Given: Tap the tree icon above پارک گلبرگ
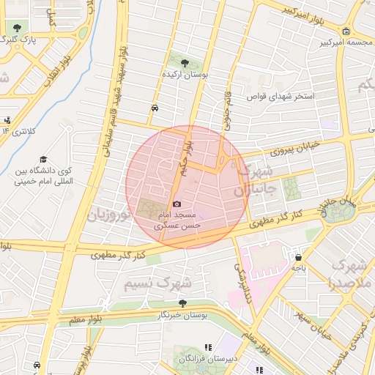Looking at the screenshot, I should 17,27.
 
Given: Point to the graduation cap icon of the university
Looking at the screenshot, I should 43,160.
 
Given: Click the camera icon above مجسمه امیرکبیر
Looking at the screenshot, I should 346,31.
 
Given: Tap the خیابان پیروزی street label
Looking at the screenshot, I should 296,149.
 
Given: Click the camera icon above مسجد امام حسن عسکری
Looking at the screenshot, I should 177,204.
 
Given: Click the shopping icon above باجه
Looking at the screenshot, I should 299,257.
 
